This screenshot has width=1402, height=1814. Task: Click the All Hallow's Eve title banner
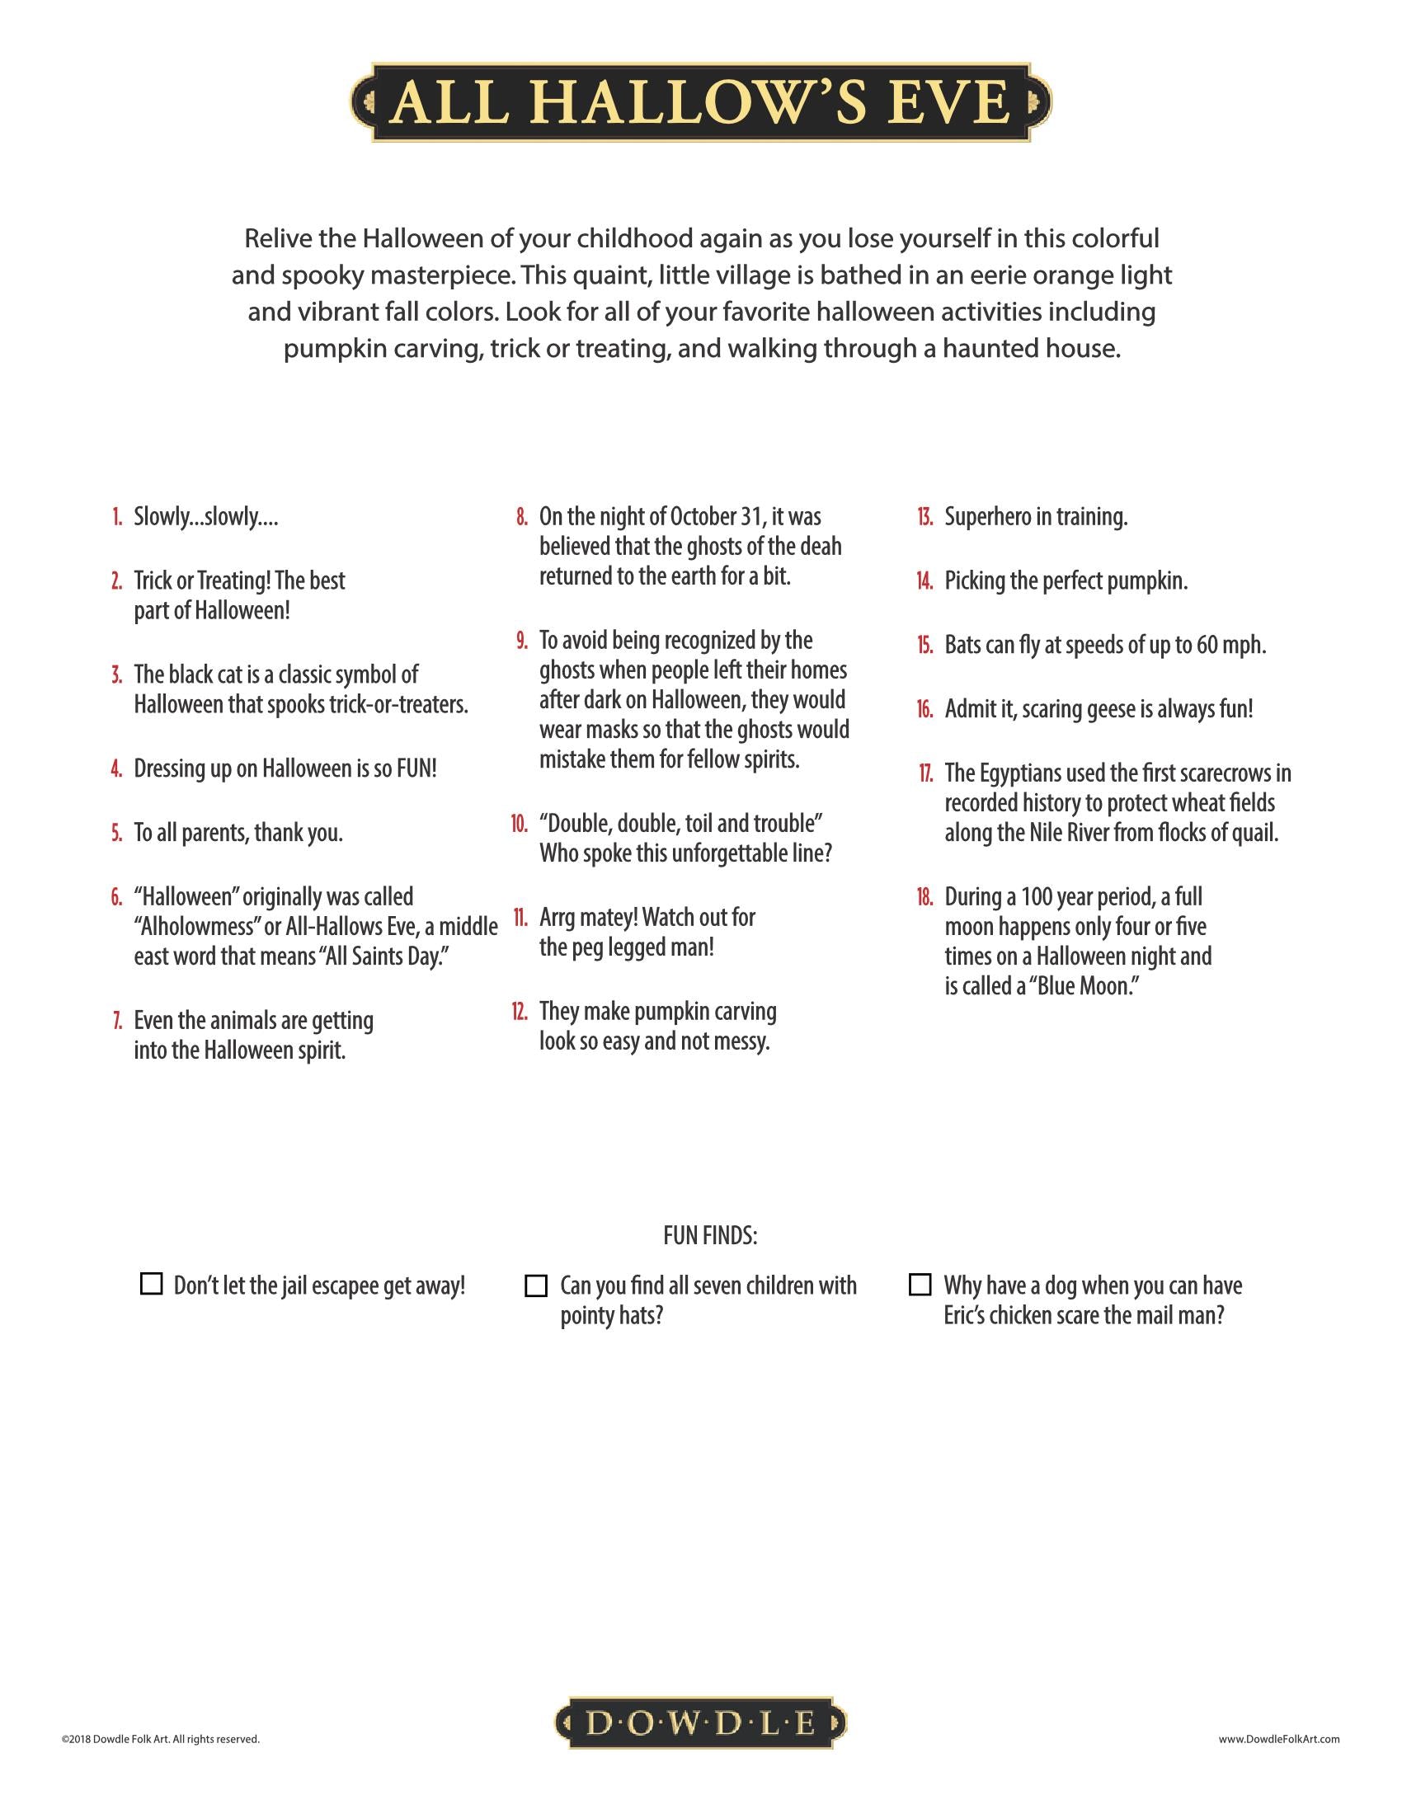700,102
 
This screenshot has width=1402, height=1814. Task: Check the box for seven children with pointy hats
537,1285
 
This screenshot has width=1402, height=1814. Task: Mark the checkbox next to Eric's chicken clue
920,1284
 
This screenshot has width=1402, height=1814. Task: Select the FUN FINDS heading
710,1236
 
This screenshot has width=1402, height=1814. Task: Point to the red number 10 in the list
519,824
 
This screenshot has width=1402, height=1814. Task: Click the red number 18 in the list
924,897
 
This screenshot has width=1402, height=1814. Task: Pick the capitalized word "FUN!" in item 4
416,768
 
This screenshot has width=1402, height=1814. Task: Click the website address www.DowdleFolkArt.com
1279,1738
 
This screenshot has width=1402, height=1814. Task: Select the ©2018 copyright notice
160,1738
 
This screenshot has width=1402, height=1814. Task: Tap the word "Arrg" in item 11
562,918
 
